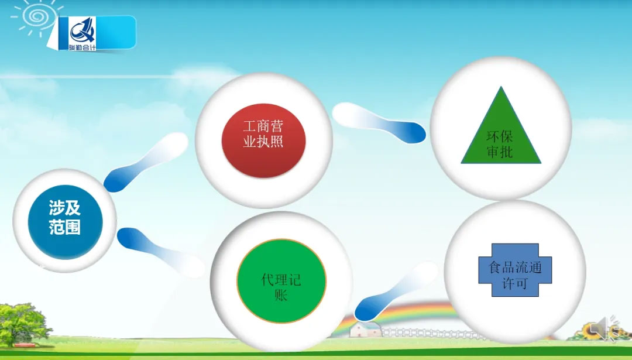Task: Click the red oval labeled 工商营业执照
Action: point(263,140)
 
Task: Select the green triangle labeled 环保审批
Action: point(501,133)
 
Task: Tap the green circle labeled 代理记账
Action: point(281,281)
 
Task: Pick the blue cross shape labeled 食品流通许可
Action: point(515,270)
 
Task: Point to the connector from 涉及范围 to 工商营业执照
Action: point(146,162)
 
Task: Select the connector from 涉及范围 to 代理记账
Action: point(161,252)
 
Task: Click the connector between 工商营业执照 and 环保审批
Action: point(379,122)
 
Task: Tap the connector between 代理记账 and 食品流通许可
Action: point(396,291)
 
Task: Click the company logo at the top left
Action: point(83,34)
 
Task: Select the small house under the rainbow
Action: point(366,330)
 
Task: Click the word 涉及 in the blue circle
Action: point(65,208)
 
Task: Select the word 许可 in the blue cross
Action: point(515,283)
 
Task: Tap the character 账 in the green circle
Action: point(281,296)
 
